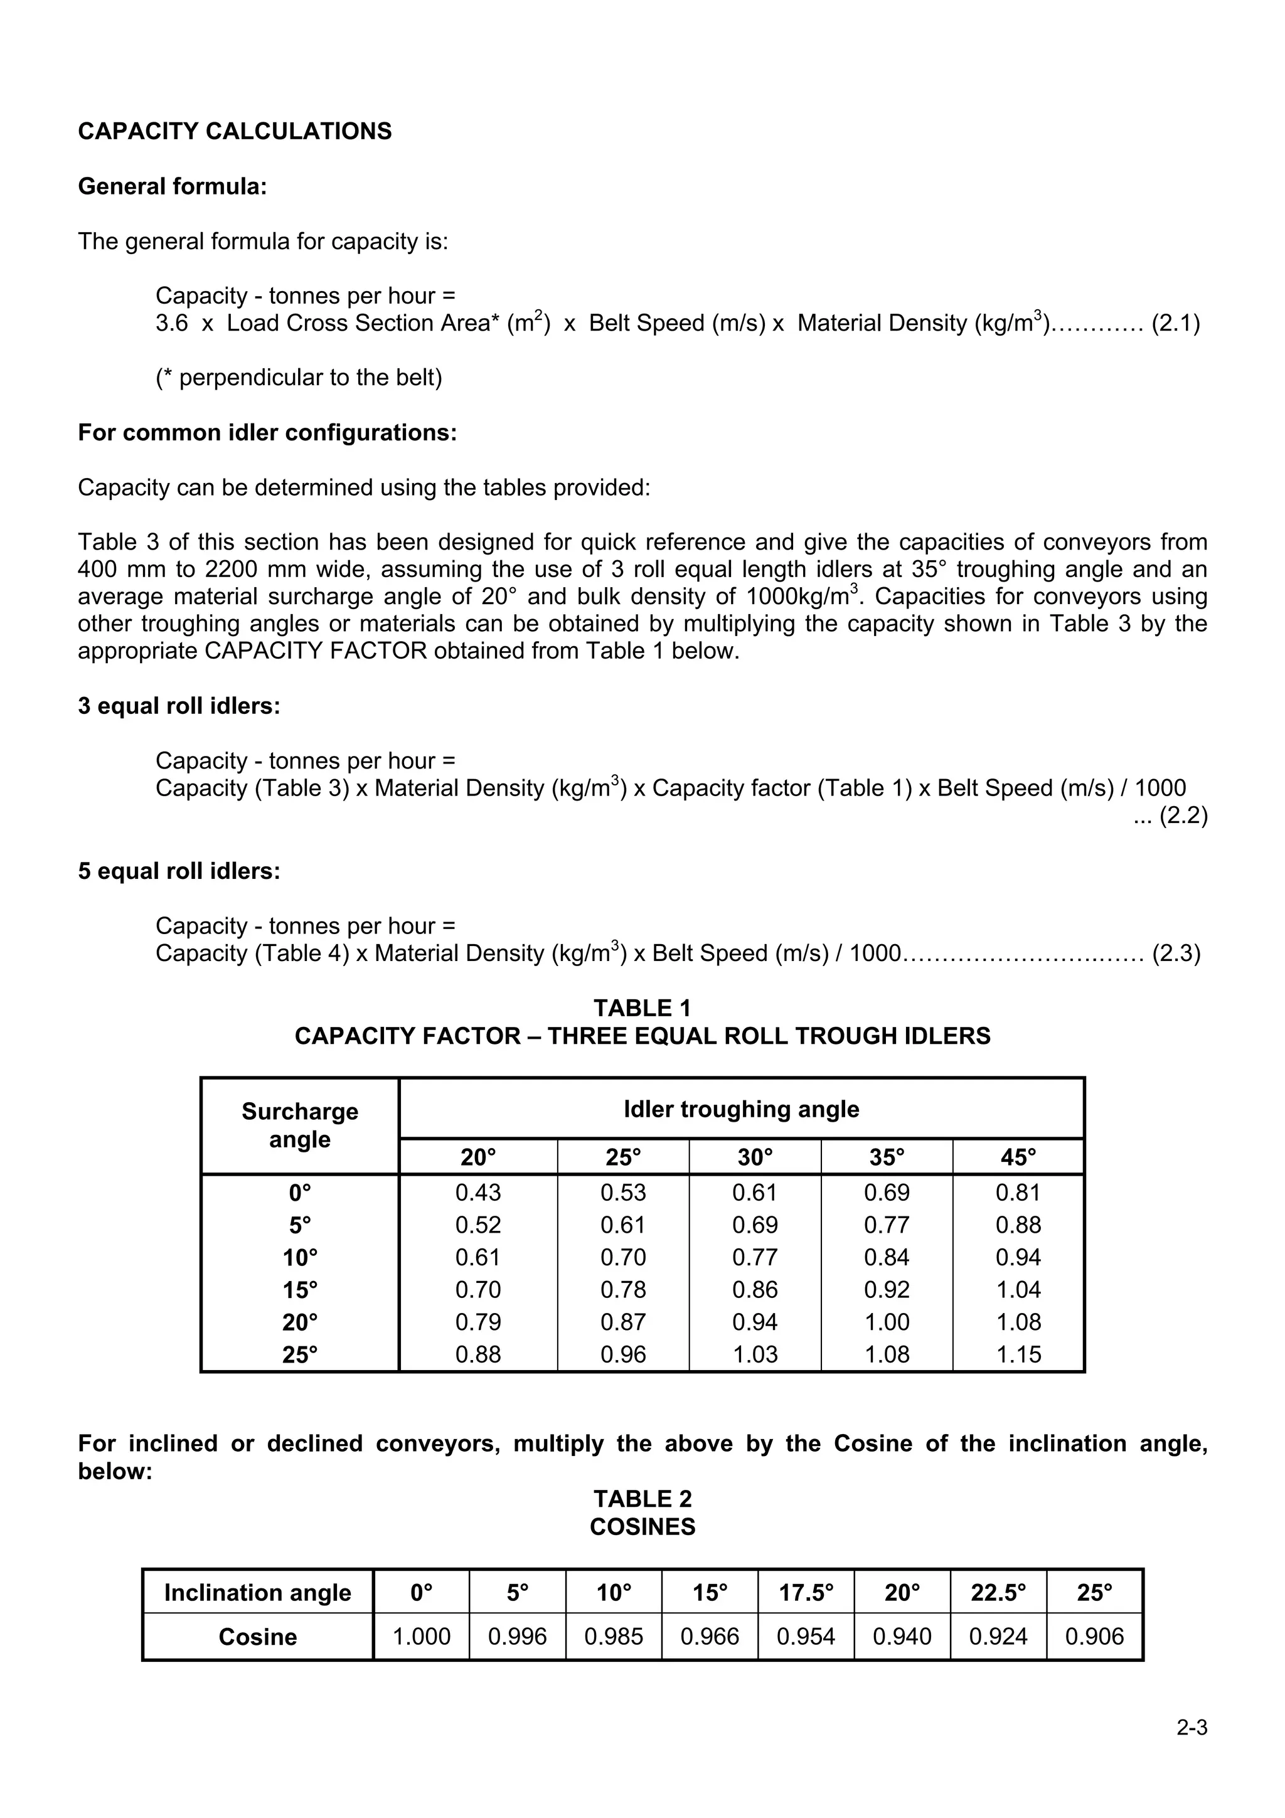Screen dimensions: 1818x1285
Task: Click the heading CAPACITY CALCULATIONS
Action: click(235, 132)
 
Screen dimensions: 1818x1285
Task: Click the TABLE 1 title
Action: click(642, 1008)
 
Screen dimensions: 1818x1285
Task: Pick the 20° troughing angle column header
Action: click(478, 1157)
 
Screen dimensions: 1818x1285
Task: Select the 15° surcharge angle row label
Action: click(300, 1290)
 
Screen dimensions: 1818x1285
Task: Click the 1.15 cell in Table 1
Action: click(1018, 1355)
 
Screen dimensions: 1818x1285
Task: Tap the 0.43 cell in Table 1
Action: click(478, 1193)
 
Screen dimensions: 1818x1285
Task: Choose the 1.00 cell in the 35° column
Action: click(887, 1322)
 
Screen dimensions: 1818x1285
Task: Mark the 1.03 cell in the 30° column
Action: click(755, 1355)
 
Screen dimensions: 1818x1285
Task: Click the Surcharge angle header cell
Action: click(300, 1125)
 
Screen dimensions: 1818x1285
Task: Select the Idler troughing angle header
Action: click(741, 1108)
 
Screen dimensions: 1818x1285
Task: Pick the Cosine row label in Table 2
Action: click(257, 1637)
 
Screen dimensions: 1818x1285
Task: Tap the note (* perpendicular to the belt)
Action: click(299, 378)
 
